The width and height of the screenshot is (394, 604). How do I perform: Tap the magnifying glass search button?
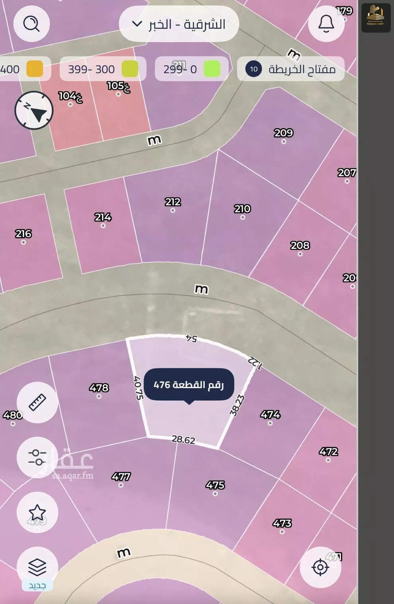click(x=31, y=24)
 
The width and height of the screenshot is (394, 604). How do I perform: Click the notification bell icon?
click(x=326, y=24)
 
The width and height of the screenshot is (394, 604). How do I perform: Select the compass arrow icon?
click(x=34, y=111)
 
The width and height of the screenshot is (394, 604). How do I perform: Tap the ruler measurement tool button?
click(x=37, y=402)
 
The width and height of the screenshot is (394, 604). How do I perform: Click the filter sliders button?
click(x=37, y=457)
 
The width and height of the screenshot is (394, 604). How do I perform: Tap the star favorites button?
click(x=37, y=512)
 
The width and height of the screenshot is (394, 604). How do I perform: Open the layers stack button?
click(x=37, y=567)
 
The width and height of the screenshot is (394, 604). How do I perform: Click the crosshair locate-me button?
click(x=320, y=567)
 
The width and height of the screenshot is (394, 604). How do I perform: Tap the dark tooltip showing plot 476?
click(x=189, y=385)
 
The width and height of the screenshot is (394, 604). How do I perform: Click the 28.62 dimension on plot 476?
click(x=183, y=440)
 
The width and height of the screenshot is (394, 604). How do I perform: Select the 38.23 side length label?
click(x=237, y=405)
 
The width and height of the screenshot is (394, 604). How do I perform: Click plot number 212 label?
click(x=173, y=202)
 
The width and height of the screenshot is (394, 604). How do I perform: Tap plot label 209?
click(x=283, y=133)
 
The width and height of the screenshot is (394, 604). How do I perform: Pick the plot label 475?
click(x=215, y=485)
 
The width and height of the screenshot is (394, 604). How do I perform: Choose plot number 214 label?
click(x=103, y=217)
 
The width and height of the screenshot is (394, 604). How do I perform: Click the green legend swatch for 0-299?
click(x=212, y=69)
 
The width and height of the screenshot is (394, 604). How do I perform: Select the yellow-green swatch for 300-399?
click(x=130, y=69)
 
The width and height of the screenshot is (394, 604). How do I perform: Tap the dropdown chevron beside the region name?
click(x=137, y=24)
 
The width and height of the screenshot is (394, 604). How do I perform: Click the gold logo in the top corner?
click(x=375, y=18)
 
